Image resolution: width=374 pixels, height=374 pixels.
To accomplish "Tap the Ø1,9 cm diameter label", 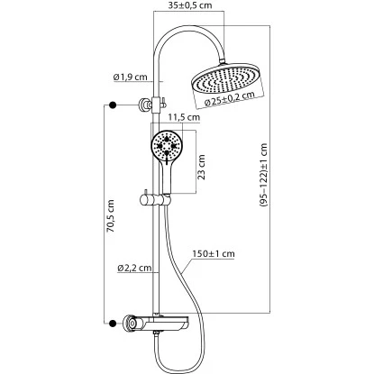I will [128, 76].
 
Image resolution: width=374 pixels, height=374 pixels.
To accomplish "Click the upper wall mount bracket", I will [144, 105].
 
